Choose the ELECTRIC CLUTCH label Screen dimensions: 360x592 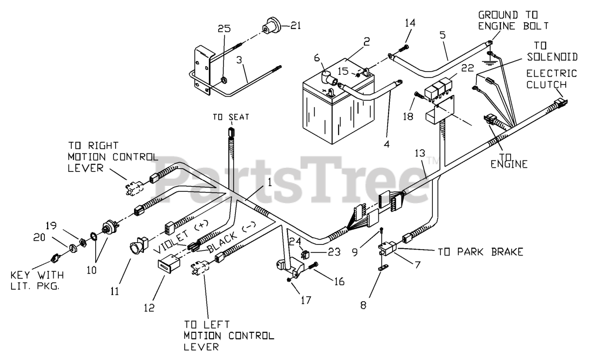(553, 79)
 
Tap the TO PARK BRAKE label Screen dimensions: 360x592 (481, 252)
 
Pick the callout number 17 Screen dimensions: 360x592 (306, 300)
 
